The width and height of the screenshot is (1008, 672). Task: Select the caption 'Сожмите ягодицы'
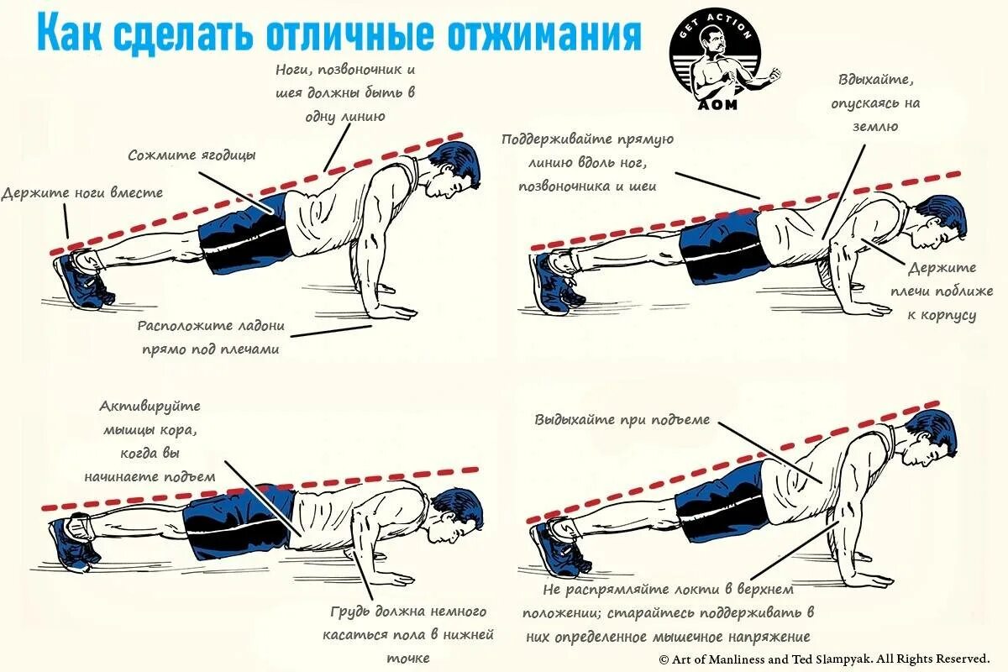192,155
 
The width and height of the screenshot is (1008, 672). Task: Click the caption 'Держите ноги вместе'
82,192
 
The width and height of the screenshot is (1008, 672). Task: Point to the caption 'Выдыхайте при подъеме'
622,419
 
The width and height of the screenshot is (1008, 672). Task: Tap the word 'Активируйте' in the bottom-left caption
150,407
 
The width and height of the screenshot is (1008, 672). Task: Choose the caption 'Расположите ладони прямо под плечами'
211,336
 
